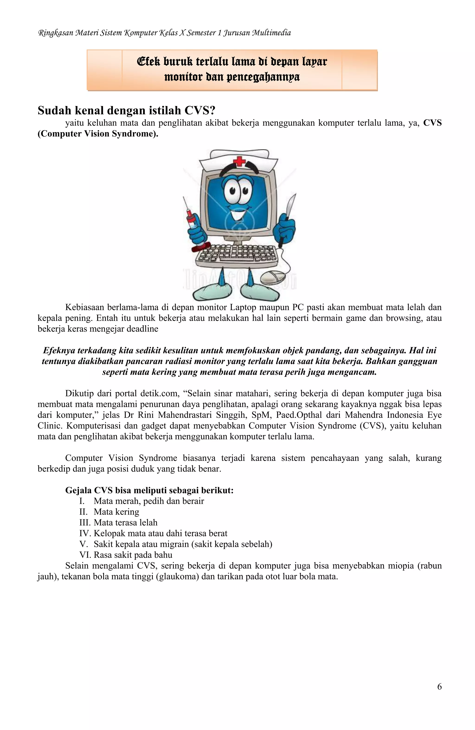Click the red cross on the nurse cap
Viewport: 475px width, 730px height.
coord(239,161)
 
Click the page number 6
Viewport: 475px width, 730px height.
coord(439,687)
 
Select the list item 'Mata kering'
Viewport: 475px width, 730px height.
coord(116,512)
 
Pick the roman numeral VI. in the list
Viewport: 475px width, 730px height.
coord(85,555)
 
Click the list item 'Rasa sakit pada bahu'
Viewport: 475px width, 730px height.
coord(133,555)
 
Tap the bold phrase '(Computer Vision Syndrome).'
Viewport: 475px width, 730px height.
coord(98,134)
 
